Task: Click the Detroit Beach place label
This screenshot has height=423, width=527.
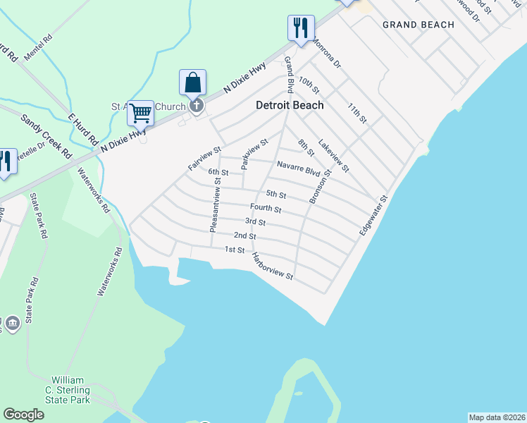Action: [289, 105]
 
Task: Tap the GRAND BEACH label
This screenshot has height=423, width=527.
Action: [418, 25]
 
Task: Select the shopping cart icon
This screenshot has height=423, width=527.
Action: [140, 113]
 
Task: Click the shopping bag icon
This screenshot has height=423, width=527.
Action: [192, 82]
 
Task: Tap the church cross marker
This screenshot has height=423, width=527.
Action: [197, 106]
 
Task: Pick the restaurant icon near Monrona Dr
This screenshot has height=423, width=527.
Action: [301, 28]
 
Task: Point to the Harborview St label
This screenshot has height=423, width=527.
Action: [272, 266]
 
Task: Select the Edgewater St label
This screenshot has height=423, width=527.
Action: [373, 216]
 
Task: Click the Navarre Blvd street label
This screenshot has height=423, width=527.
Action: [299, 169]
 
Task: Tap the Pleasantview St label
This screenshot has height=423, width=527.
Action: [215, 204]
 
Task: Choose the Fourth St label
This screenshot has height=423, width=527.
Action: [266, 209]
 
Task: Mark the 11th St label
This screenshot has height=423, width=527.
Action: [357, 111]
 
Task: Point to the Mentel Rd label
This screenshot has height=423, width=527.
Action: [38, 47]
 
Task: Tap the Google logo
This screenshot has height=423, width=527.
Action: [23, 415]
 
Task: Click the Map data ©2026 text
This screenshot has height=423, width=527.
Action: [496, 417]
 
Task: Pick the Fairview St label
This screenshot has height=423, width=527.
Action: [205, 158]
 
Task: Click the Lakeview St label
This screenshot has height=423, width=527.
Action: [333, 155]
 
